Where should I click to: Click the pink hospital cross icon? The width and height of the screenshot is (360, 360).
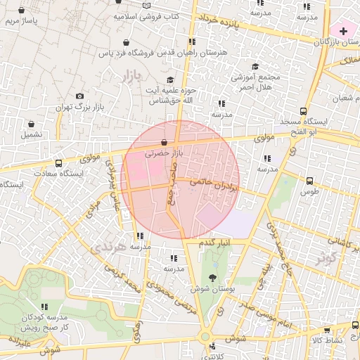(343, 31)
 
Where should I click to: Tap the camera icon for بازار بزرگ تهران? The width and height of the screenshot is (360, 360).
(79, 96)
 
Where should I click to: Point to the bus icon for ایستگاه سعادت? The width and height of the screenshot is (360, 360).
(58, 162)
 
